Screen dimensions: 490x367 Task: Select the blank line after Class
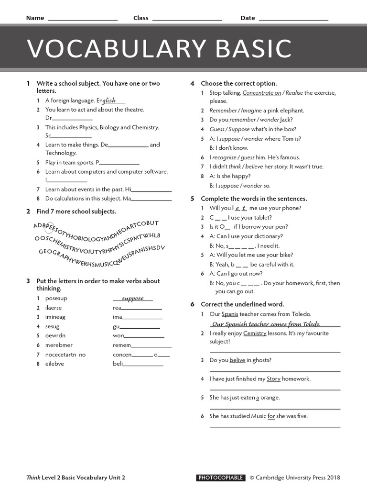point(187,19)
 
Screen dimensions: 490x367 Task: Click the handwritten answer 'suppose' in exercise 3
point(132,298)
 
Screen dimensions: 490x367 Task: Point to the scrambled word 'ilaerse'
point(54,308)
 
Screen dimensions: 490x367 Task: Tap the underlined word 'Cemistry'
point(254,333)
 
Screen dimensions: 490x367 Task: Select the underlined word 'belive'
point(237,360)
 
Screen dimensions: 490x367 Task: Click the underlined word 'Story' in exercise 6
point(273,379)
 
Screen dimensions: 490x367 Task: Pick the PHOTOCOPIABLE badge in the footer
point(221,478)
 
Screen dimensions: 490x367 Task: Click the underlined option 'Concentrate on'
point(261,93)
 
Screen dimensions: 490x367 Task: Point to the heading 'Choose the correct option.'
point(238,83)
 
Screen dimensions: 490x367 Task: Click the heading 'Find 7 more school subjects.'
point(76,212)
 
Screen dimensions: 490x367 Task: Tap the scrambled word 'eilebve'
point(54,364)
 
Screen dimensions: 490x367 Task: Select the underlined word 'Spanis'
point(229,314)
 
